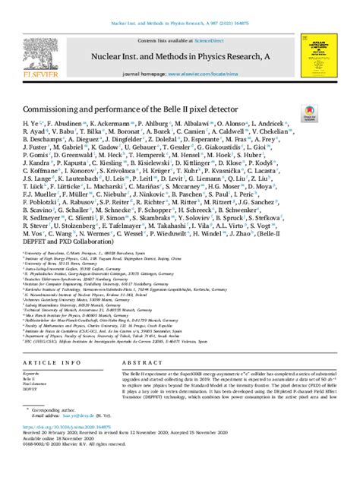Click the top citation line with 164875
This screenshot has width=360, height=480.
coord(179,5)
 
